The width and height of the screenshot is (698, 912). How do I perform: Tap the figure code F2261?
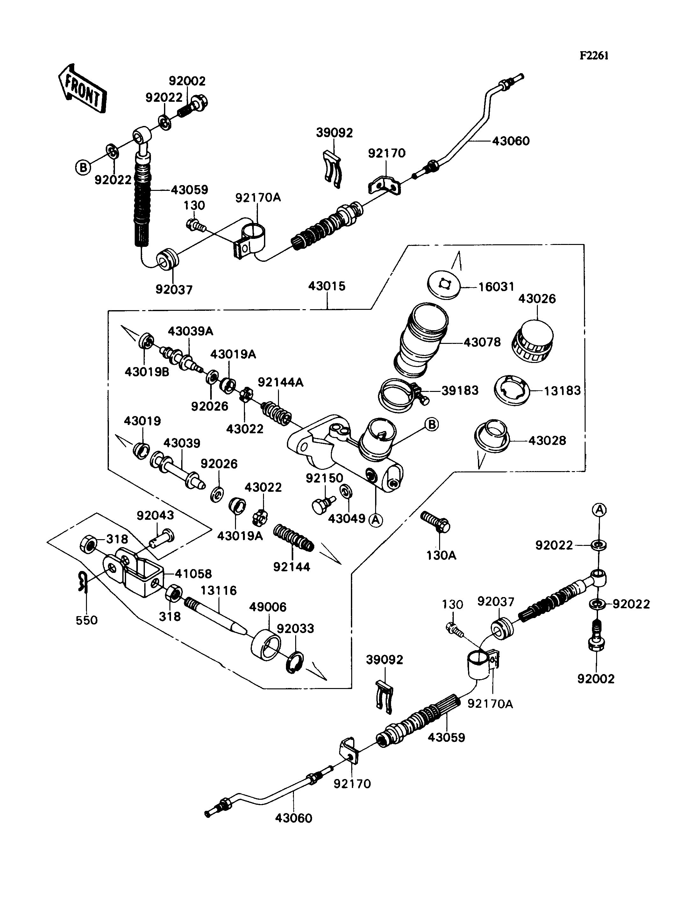(x=594, y=56)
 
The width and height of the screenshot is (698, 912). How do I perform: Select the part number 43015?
(x=327, y=286)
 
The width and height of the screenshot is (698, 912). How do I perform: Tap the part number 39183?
(x=459, y=390)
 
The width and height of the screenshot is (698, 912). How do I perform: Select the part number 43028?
(x=547, y=441)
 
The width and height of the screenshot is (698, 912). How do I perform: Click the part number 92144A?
(x=281, y=382)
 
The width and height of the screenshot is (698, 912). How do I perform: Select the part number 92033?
(x=296, y=629)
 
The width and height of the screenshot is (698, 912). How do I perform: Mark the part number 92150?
(x=324, y=478)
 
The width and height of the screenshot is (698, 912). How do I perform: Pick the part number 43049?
(x=346, y=518)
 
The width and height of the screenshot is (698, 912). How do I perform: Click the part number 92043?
(x=155, y=515)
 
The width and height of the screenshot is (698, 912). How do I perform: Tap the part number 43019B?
(x=147, y=372)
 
